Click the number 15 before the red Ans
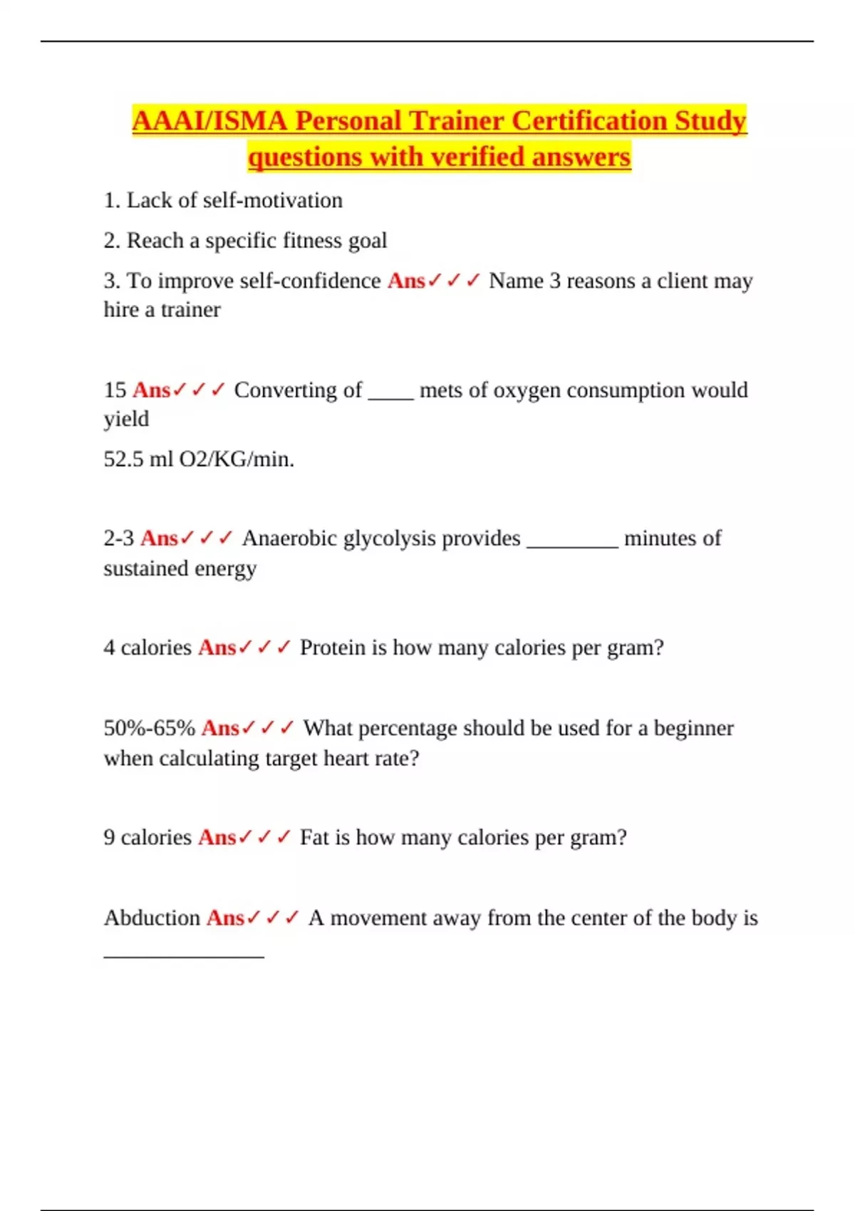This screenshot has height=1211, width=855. pyautogui.click(x=115, y=390)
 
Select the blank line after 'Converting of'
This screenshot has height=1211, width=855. pyautogui.click(x=390, y=397)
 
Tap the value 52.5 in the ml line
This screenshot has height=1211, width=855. pyautogui.click(x=123, y=459)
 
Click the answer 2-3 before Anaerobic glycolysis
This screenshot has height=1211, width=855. pyautogui.click(x=118, y=539)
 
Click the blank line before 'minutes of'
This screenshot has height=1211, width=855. pyautogui.click(x=572, y=546)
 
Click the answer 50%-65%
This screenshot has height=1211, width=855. pyautogui.click(x=149, y=728)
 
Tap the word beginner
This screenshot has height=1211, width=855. pyautogui.click(x=693, y=728)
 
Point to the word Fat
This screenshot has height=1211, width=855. pyautogui.click(x=314, y=837)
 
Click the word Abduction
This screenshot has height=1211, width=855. pyautogui.click(x=152, y=918)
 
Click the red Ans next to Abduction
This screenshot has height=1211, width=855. pyautogui.click(x=225, y=918)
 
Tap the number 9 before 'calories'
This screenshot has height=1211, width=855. pyautogui.click(x=109, y=837)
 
